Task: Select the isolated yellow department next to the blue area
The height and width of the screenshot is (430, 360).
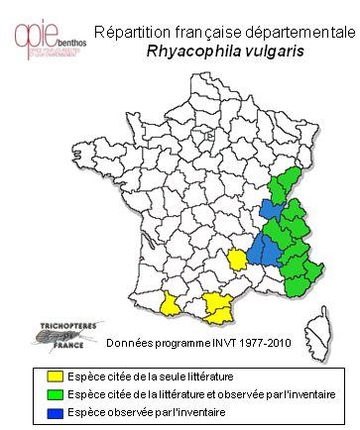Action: (x=238, y=261)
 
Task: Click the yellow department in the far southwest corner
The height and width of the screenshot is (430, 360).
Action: (x=172, y=302)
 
